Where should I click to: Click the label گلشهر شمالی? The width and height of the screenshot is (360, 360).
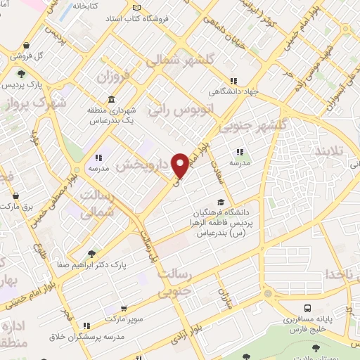tap(181, 62)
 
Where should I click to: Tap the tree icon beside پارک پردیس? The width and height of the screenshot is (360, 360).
tap(22, 75)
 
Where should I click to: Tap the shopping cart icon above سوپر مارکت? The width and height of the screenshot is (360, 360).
tap(124, 308)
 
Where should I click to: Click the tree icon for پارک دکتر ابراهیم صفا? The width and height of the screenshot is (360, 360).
tap(91, 255)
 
